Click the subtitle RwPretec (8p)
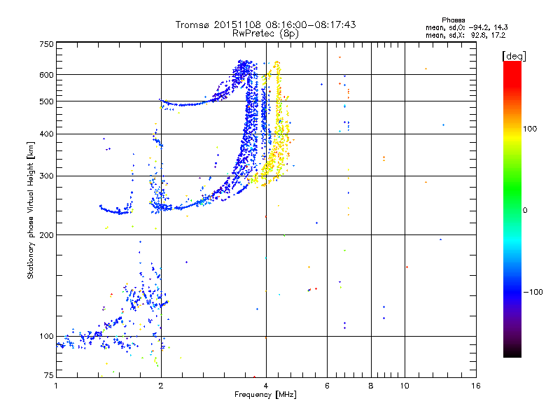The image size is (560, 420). [265, 33]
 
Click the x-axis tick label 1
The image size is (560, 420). [56, 385]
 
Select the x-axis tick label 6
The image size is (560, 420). [327, 385]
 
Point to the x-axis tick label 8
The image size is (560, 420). [370, 385]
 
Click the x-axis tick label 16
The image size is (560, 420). [475, 385]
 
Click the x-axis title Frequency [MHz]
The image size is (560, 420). [265, 394]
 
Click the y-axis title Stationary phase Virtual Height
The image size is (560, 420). [31, 210]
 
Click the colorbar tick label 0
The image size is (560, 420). [524, 210]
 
